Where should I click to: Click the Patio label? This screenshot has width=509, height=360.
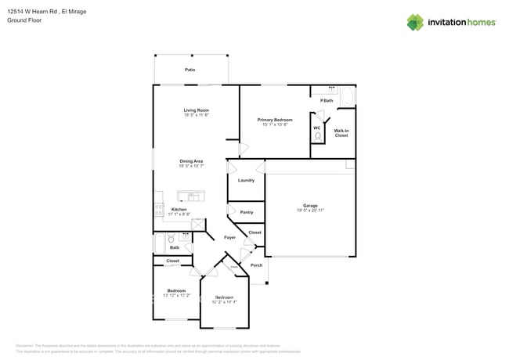(190, 70)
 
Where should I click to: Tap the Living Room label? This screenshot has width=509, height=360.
(196, 110)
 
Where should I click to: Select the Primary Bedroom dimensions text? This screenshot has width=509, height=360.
(274, 125)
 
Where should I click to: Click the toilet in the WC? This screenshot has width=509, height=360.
(317, 135)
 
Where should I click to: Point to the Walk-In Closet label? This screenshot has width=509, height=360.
(341, 133)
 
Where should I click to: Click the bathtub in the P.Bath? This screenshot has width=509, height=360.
(348, 96)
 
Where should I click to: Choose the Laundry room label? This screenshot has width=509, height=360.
(246, 180)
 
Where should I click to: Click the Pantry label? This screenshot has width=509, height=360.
(246, 212)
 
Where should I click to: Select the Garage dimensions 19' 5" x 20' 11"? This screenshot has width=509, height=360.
(310, 211)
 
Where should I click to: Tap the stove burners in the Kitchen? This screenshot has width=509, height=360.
(159, 210)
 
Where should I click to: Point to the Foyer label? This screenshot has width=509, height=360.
(229, 237)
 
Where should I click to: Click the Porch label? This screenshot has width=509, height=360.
(256, 265)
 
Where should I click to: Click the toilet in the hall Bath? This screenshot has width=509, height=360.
(171, 239)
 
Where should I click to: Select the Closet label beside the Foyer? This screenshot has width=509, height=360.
(254, 232)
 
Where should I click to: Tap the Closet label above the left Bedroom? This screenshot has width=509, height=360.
(172, 261)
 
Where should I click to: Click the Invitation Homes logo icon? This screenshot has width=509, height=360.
(415, 23)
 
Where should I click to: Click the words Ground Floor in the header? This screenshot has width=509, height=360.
(23, 20)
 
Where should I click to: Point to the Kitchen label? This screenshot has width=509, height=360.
(179, 209)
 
